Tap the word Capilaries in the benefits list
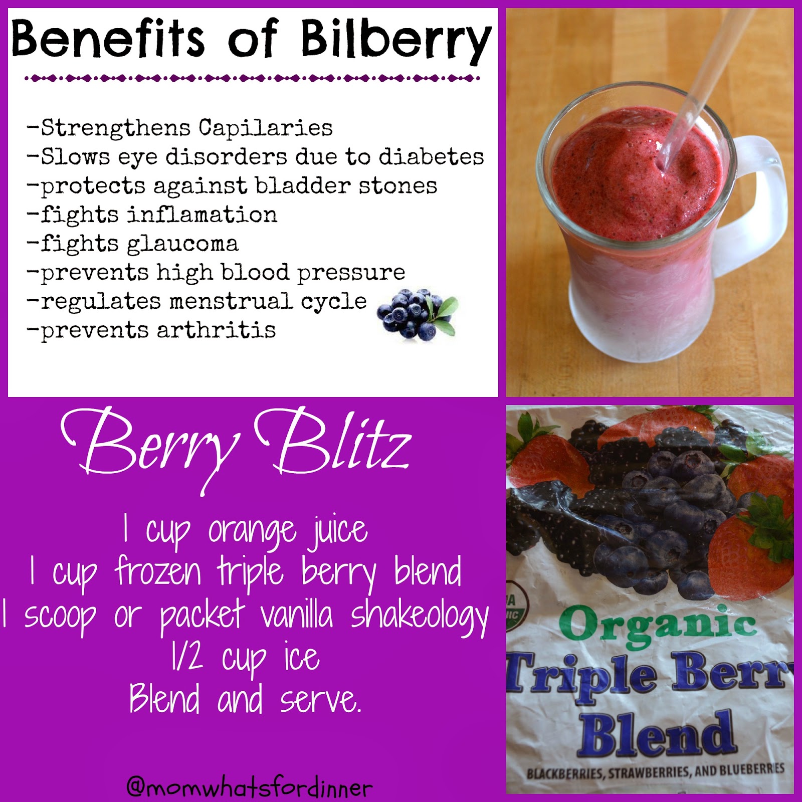click(266, 128)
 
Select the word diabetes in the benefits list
click(431, 157)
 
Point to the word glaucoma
click(182, 245)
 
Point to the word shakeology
click(419, 617)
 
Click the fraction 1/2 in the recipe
click(186, 658)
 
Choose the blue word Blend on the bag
click(657, 734)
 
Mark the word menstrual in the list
click(231, 302)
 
